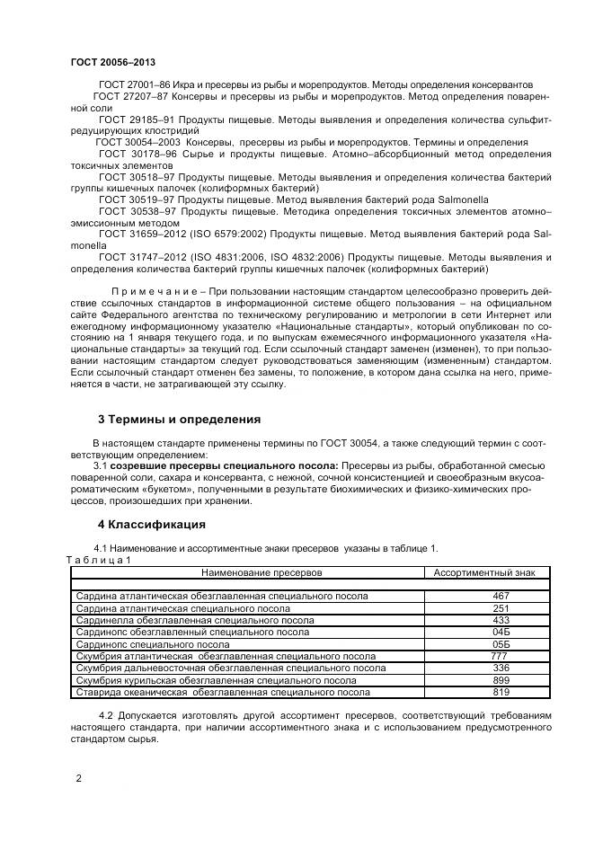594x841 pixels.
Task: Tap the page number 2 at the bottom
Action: (x=78, y=778)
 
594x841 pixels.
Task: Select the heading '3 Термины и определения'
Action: (x=179, y=419)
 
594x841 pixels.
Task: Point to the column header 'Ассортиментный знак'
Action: (x=483, y=571)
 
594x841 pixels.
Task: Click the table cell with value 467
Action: (x=501, y=596)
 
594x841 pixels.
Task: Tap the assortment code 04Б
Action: (x=501, y=632)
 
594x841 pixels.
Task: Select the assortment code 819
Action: (x=501, y=692)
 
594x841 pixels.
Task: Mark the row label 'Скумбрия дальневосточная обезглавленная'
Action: (x=231, y=668)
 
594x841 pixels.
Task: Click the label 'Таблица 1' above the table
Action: (x=100, y=559)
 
